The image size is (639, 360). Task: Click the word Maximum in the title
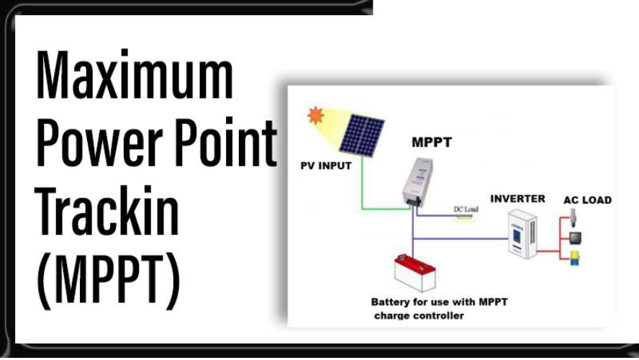135,75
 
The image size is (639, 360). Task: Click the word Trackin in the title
107,210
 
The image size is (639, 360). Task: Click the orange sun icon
316,115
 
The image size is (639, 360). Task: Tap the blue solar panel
362,135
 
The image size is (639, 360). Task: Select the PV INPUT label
325,166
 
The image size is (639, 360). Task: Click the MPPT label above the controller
432,143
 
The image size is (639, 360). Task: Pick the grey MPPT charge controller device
417,182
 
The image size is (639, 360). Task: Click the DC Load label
466,209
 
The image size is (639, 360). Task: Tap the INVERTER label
517,199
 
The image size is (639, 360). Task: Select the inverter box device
522,234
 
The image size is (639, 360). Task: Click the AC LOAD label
587,200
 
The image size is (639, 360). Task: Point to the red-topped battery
415,273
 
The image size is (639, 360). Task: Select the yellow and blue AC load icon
574,258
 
